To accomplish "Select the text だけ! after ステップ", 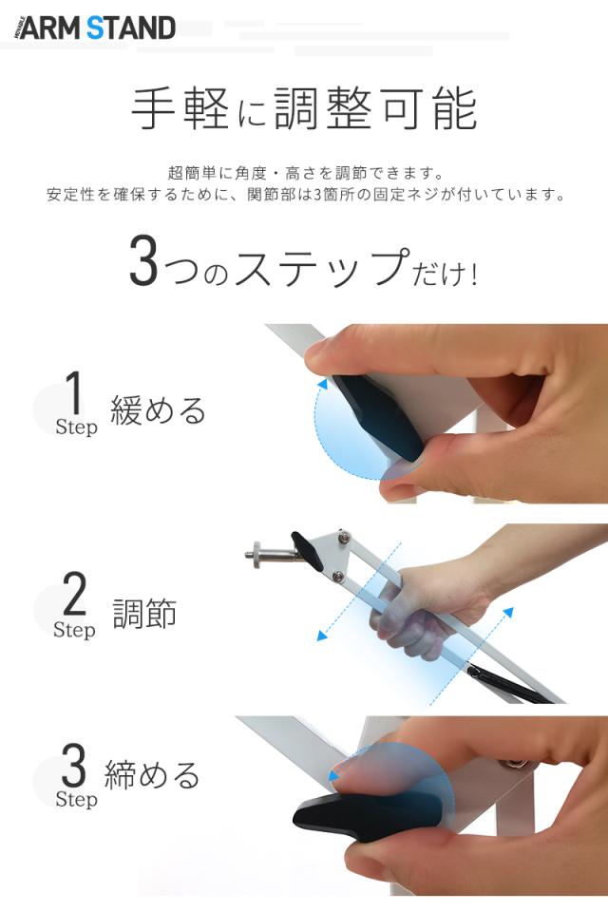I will pos(445,273).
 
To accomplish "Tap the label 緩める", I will pos(159,410).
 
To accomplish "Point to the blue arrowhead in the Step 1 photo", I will pos(323,385).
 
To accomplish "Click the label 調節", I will pos(144,614).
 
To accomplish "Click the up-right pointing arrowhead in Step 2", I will pos(508,612).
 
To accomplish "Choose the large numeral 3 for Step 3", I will pos(73,765).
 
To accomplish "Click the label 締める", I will pos(152,775).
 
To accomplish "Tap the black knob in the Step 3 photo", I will pos(366,812).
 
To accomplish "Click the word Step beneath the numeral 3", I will pos(76,800).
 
